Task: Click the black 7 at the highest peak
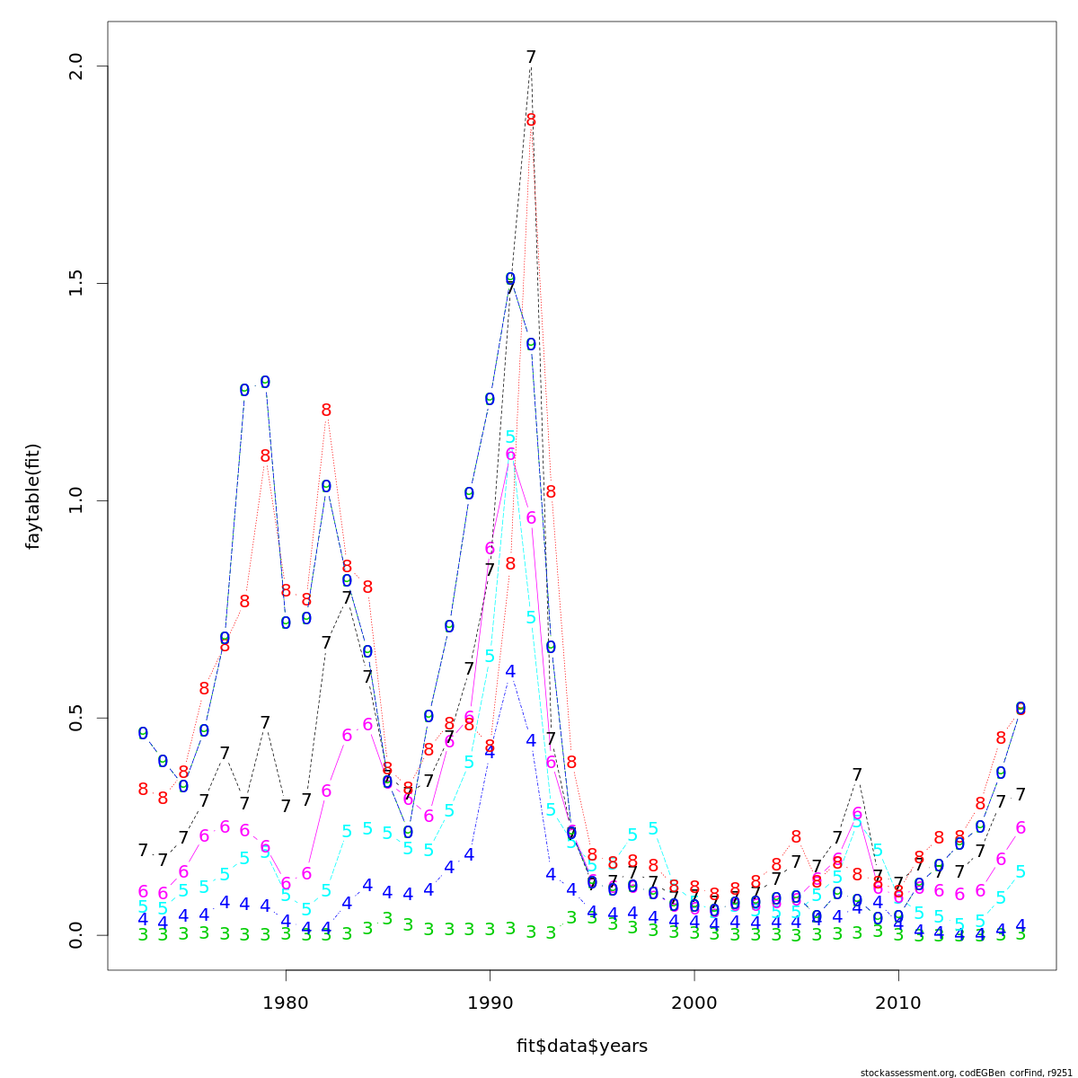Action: tap(531, 57)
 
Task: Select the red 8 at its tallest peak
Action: tap(531, 120)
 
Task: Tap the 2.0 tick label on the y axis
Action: tap(75, 66)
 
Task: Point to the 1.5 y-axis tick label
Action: tap(75, 283)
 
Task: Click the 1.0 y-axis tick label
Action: tap(75, 500)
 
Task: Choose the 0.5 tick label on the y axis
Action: tap(75, 718)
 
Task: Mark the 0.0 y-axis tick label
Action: tap(75, 934)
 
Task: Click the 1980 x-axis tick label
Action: tap(286, 1003)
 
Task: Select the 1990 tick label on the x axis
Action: tap(490, 1003)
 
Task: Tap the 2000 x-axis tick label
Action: tap(694, 1003)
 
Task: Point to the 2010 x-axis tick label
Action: tap(898, 1003)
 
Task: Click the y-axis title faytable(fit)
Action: tap(33, 496)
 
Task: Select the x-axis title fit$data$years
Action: tap(581, 1047)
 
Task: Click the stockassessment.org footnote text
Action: tap(966, 1073)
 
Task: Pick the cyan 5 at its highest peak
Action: tap(510, 437)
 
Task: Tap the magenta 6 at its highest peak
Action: tap(510, 455)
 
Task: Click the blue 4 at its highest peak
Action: tap(510, 671)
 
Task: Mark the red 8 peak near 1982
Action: tap(326, 411)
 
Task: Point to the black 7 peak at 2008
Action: tap(858, 774)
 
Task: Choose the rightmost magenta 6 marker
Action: tap(1021, 828)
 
